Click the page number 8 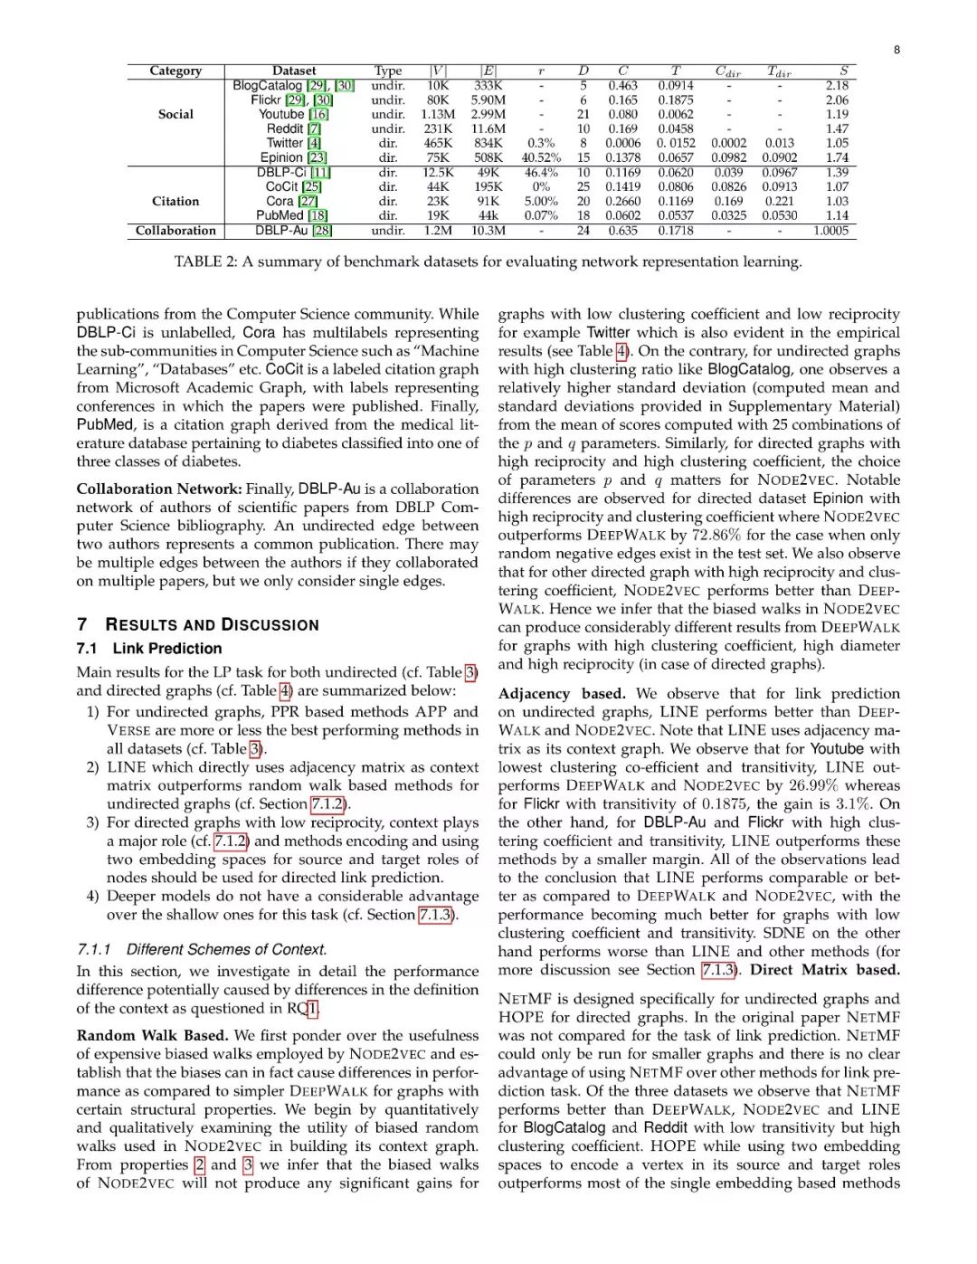(x=896, y=50)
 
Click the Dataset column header (x=294, y=71)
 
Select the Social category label (x=175, y=114)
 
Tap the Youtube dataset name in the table (x=280, y=114)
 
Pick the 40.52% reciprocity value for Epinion (x=541, y=157)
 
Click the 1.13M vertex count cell (x=438, y=114)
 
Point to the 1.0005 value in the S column (x=830, y=231)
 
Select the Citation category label (x=175, y=201)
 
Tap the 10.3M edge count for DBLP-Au (x=488, y=231)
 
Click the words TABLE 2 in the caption (x=204, y=261)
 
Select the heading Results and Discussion (x=212, y=624)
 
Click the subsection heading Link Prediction (x=167, y=649)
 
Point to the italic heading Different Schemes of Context (x=226, y=949)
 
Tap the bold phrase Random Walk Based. (x=151, y=1035)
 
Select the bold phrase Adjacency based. (x=561, y=694)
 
